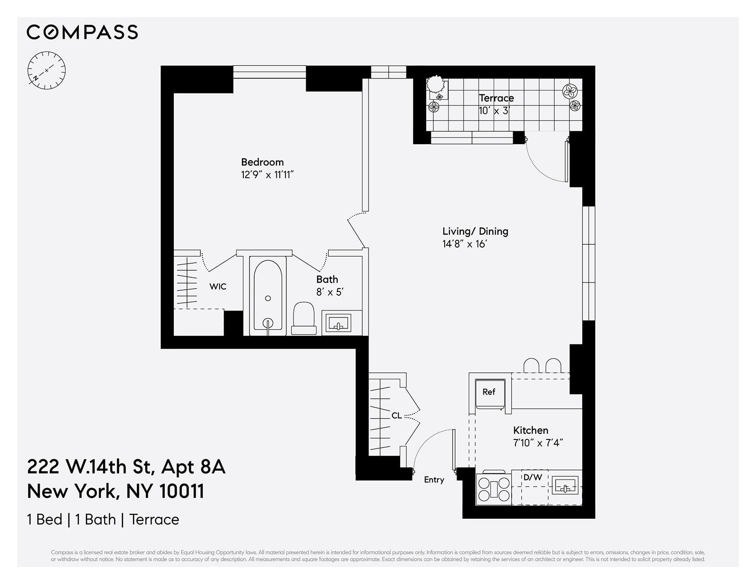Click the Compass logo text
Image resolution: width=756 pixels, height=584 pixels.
point(82,32)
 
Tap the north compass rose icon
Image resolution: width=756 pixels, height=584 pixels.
point(46,71)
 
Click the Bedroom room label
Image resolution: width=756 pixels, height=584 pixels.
point(262,162)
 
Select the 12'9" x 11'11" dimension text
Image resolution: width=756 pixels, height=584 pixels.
point(267,175)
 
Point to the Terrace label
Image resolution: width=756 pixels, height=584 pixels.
point(496,98)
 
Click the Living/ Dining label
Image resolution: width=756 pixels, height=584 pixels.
point(475,231)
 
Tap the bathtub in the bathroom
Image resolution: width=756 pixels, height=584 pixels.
point(268,295)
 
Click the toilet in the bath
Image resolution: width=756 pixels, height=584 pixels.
point(304,318)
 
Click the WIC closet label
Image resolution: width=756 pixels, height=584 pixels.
point(218,286)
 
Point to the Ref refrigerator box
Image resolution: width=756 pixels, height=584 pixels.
point(489,392)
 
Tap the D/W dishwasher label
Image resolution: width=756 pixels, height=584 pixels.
point(533,478)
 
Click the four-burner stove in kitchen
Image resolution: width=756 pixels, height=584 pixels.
point(494,488)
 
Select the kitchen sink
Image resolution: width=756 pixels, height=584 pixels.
point(565,485)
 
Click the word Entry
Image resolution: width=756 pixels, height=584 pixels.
point(434,480)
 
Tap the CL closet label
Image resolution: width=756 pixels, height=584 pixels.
point(396,416)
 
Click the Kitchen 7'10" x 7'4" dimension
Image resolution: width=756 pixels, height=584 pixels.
point(538,443)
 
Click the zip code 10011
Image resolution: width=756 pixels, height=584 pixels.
point(181,491)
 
